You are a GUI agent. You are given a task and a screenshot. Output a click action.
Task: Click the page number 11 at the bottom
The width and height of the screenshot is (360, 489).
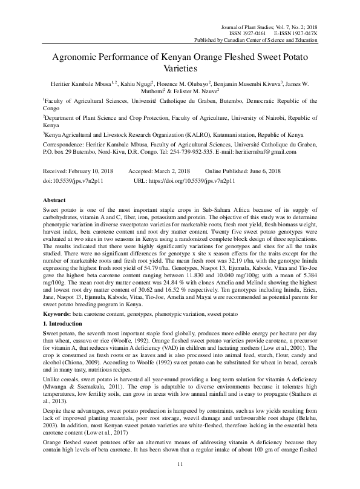(180, 464)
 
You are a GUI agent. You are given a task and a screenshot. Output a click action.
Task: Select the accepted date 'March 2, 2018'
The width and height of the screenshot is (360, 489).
(172, 171)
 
